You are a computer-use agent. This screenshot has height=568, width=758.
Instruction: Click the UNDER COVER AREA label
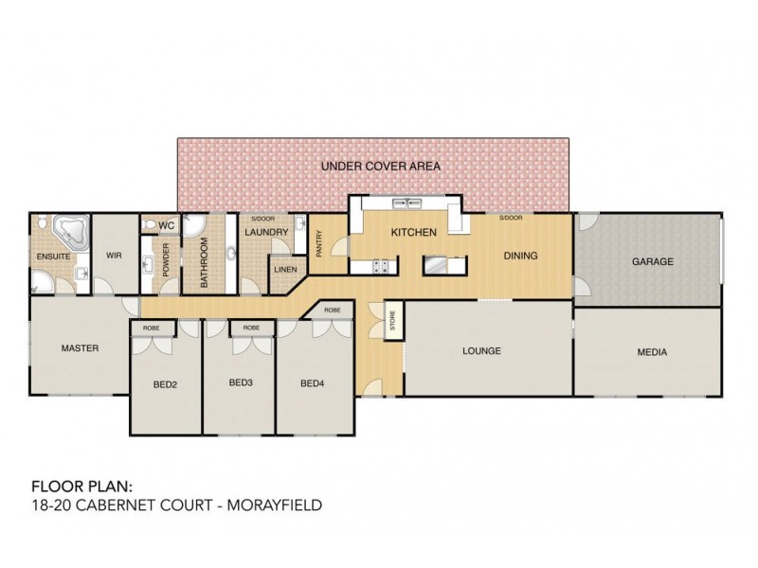(x=380, y=166)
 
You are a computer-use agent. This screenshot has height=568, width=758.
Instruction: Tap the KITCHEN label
(x=414, y=232)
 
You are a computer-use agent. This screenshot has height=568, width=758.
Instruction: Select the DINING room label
(x=520, y=256)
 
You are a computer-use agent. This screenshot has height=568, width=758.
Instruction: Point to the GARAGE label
(x=653, y=261)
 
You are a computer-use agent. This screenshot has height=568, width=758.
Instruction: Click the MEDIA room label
(x=652, y=352)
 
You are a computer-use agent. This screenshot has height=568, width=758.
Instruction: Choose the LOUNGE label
(x=481, y=351)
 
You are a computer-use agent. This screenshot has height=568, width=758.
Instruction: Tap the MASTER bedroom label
(x=80, y=347)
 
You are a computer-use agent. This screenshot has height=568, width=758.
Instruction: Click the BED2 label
(x=166, y=384)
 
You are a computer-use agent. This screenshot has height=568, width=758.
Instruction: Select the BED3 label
(x=241, y=383)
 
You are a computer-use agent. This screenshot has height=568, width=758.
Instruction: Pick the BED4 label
(x=313, y=383)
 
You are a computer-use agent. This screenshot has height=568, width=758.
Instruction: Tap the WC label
(x=166, y=225)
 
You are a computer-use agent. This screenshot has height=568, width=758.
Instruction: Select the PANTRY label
(x=318, y=243)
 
